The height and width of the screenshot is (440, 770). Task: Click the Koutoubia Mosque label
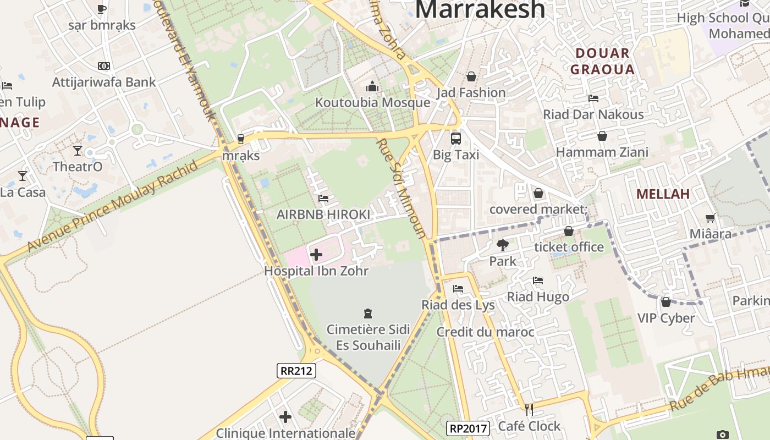(x=372, y=103)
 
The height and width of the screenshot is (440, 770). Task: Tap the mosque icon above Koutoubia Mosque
(x=372, y=87)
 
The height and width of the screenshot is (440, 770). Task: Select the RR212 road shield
(x=296, y=371)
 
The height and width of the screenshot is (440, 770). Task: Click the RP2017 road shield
(x=468, y=428)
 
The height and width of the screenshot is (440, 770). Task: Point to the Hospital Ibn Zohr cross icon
(x=316, y=255)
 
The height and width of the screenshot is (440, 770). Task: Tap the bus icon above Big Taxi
(x=456, y=139)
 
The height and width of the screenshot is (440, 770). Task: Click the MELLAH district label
(x=663, y=194)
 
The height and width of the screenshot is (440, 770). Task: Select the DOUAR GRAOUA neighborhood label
(x=602, y=62)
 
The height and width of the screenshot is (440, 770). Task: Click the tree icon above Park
(x=502, y=245)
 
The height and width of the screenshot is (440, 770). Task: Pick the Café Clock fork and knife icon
(x=529, y=410)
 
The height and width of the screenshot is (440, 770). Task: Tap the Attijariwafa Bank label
(x=104, y=82)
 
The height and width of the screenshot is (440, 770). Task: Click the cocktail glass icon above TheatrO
(x=78, y=150)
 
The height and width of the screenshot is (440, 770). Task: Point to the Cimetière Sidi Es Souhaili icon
(x=368, y=313)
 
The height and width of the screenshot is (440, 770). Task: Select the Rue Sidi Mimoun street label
(x=401, y=188)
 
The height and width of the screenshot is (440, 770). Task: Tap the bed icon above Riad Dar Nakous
(x=593, y=98)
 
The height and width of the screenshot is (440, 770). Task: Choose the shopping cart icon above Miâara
(x=711, y=218)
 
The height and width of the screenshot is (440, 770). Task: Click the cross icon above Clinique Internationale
(x=285, y=417)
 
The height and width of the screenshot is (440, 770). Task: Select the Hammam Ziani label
(x=602, y=152)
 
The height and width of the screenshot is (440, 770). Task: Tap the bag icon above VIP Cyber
(x=666, y=302)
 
